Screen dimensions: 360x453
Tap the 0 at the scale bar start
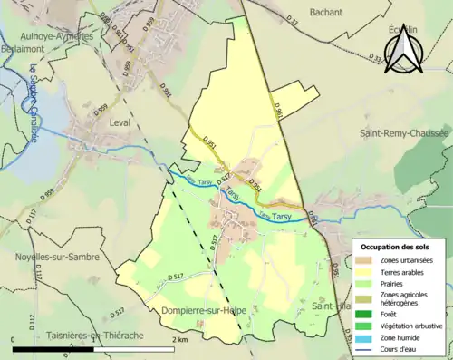click(14, 340)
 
